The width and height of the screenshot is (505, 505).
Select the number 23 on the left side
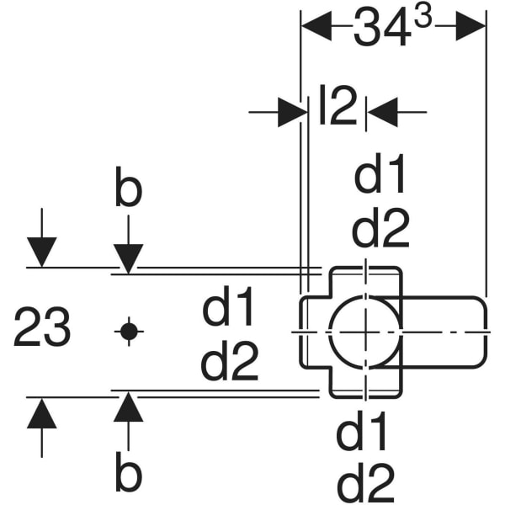42,328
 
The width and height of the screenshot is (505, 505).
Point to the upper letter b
128,191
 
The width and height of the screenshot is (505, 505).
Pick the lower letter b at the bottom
128,476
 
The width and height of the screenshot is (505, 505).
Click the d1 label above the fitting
380,178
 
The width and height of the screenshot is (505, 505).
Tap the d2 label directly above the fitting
380,228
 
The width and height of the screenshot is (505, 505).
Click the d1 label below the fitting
364,434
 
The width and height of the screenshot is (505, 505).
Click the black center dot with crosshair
128,331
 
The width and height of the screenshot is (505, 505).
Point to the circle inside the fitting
364,330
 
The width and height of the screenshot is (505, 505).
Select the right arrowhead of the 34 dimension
472,27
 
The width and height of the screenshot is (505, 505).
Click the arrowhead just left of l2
291,112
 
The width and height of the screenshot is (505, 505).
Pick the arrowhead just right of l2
383,112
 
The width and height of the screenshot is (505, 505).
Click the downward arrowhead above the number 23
41,252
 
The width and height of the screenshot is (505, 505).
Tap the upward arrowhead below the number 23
41,413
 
